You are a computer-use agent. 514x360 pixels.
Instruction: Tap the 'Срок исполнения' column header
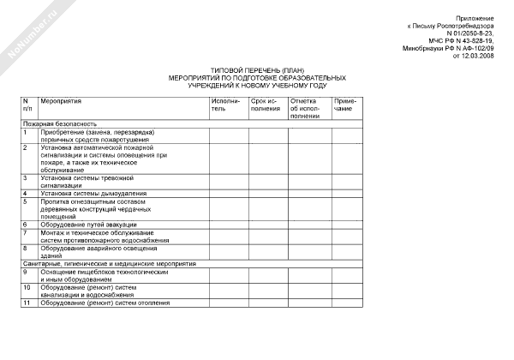pyautogui.click(x=266, y=105)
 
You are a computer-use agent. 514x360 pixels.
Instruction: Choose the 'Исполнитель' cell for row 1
pyautogui.click(x=227, y=135)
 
